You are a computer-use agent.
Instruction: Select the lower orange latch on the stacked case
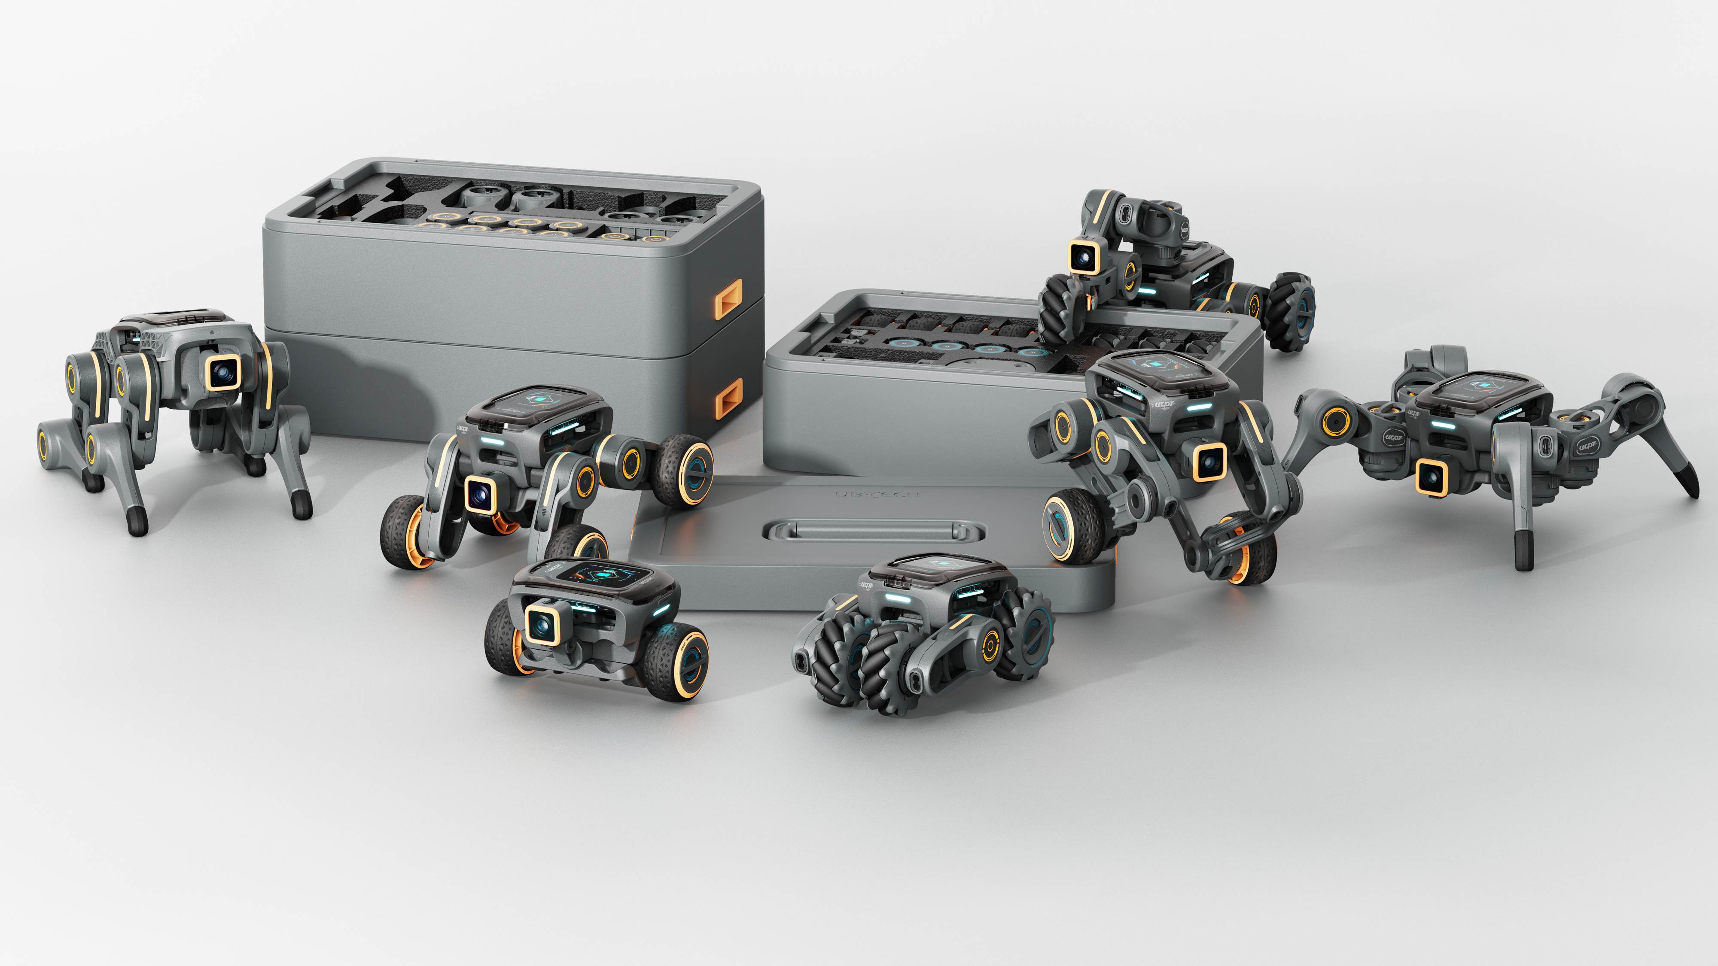(728, 398)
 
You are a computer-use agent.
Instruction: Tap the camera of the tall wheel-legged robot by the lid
(1209, 462)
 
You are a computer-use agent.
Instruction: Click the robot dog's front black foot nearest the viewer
(137, 522)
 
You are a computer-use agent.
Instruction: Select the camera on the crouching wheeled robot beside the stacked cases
(479, 495)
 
